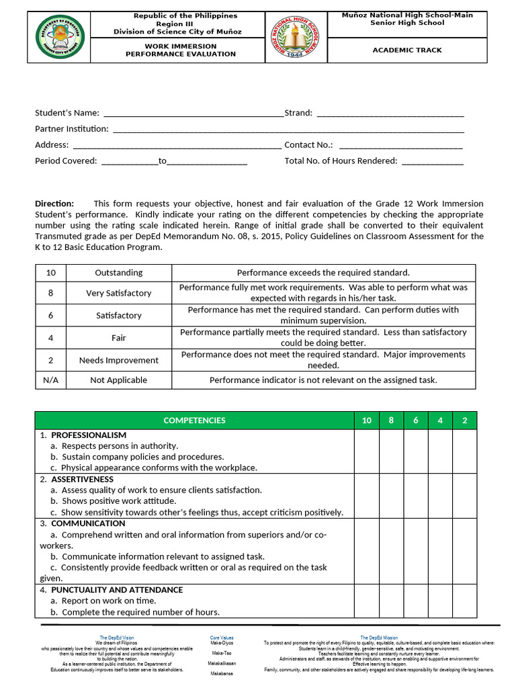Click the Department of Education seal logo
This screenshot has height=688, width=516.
[61, 36]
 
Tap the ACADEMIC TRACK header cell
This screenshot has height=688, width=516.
[408, 50]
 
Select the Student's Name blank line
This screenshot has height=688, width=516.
[193, 114]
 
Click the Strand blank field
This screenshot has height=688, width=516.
[390, 114]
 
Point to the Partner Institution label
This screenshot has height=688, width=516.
[71, 129]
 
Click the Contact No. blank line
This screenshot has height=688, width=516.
[401, 145]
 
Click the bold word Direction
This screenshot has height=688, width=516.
[54, 204]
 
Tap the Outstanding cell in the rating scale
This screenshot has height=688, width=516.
[118, 273]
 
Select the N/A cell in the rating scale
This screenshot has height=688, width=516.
[50, 380]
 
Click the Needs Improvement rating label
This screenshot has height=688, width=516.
[118, 360]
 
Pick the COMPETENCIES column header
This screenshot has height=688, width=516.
[194, 421]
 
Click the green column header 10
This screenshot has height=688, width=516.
[366, 421]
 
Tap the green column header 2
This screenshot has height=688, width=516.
[464, 421]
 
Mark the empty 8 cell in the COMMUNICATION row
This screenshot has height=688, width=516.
[391, 551]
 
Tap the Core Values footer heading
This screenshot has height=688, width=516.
[222, 637]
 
